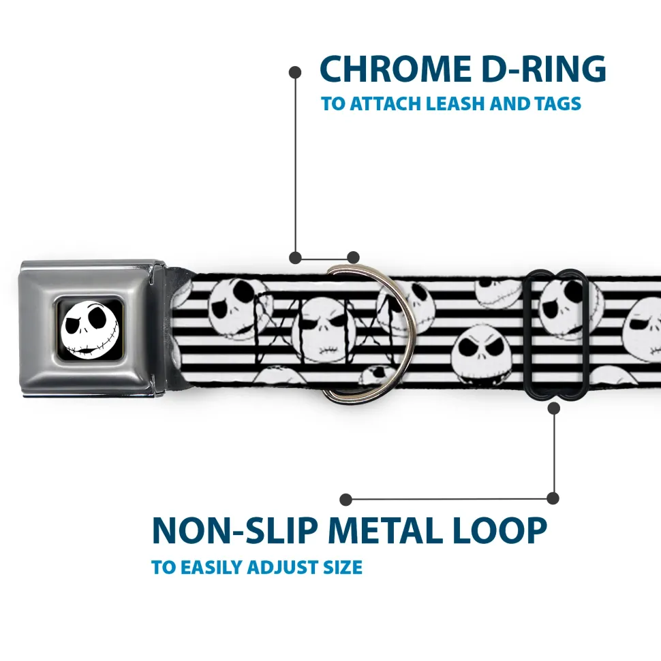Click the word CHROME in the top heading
click(x=396, y=69)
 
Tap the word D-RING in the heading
click(x=544, y=69)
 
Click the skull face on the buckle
click(x=89, y=329)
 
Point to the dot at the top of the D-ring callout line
click(x=295, y=72)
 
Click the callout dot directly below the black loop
click(x=554, y=408)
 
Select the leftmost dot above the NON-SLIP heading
click(x=345, y=500)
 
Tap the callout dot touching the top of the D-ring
click(x=353, y=257)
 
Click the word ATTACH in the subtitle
click(x=386, y=103)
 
